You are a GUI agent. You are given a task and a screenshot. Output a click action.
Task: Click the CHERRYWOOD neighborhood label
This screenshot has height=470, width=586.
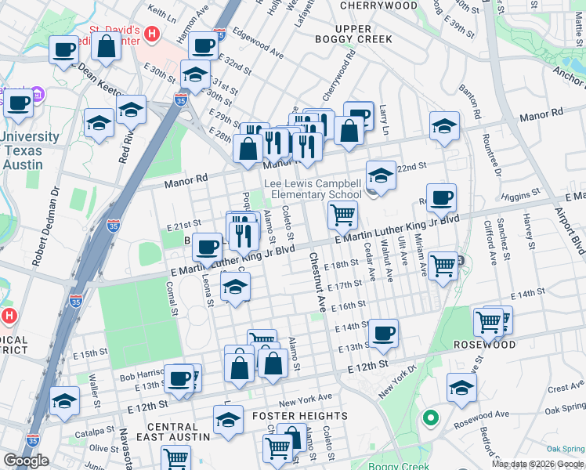379,5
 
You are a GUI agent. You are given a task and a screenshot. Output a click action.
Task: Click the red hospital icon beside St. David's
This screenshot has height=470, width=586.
152,34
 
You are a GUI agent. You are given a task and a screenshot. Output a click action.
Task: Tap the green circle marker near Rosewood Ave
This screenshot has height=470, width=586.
429,418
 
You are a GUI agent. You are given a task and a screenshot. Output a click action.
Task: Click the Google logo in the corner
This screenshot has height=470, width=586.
27,461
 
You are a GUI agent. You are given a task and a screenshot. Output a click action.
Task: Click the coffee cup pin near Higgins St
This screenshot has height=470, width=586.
442,199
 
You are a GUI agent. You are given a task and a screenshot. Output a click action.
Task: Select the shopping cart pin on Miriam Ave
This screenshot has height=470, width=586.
443,266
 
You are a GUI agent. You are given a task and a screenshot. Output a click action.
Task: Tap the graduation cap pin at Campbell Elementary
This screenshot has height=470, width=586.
381,175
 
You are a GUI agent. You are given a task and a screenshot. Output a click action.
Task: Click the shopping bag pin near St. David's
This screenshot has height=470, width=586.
106,46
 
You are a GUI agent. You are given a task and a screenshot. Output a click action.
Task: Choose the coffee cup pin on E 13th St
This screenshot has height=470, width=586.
383,333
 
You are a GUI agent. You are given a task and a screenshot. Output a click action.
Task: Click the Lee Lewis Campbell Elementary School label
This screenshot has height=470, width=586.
313,189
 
